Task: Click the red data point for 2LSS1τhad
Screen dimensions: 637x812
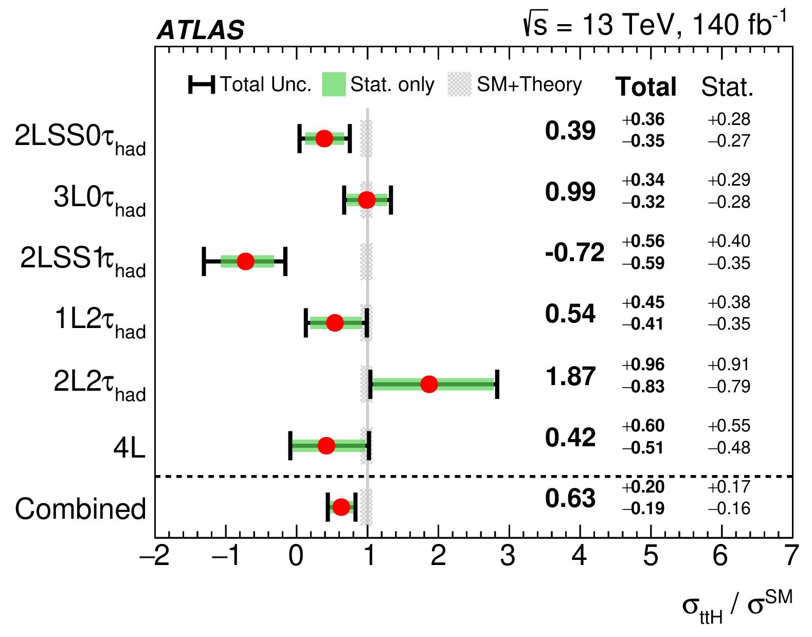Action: pyautogui.click(x=245, y=261)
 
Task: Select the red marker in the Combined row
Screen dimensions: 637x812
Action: pyautogui.click(x=340, y=507)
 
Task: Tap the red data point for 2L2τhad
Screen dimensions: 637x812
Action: pyautogui.click(x=429, y=384)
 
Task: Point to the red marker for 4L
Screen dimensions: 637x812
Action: pyautogui.click(x=326, y=445)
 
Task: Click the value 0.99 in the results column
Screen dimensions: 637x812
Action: pyautogui.click(x=570, y=192)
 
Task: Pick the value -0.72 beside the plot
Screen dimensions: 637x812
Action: pyautogui.click(x=574, y=252)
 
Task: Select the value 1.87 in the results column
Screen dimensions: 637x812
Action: pyautogui.click(x=570, y=376)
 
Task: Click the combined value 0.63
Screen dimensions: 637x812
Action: pyautogui.click(x=570, y=499)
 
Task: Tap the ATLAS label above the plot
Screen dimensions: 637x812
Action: pyautogui.click(x=200, y=30)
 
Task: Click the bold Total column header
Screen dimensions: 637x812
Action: pyautogui.click(x=646, y=86)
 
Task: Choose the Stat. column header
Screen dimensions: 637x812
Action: pyautogui.click(x=727, y=87)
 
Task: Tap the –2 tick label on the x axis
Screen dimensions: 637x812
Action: pyautogui.click(x=155, y=556)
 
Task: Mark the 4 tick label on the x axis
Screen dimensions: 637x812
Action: pyautogui.click(x=580, y=556)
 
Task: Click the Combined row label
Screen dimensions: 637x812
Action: pyautogui.click(x=80, y=509)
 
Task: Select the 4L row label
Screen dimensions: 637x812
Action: pyautogui.click(x=130, y=448)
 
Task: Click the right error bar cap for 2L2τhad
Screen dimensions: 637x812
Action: pyautogui.click(x=497, y=384)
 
